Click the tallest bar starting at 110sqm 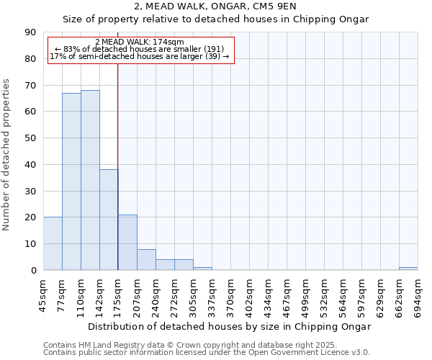(x=90, y=180)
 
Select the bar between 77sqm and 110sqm (x=71, y=181)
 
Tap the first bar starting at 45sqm (x=53, y=243)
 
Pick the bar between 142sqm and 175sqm (x=109, y=220)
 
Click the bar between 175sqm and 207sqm (x=127, y=242)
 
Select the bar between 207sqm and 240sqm (x=146, y=259)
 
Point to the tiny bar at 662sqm (x=408, y=269)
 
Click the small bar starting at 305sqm (x=202, y=269)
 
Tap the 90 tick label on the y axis (x=30, y=32)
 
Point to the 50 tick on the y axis (x=30, y=138)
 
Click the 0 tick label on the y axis (x=33, y=270)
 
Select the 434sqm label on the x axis (x=268, y=292)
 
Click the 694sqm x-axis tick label (x=418, y=292)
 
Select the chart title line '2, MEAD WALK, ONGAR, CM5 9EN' (x=215, y=6)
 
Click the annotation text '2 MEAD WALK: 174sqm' (x=140, y=42)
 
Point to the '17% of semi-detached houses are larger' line (x=140, y=56)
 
